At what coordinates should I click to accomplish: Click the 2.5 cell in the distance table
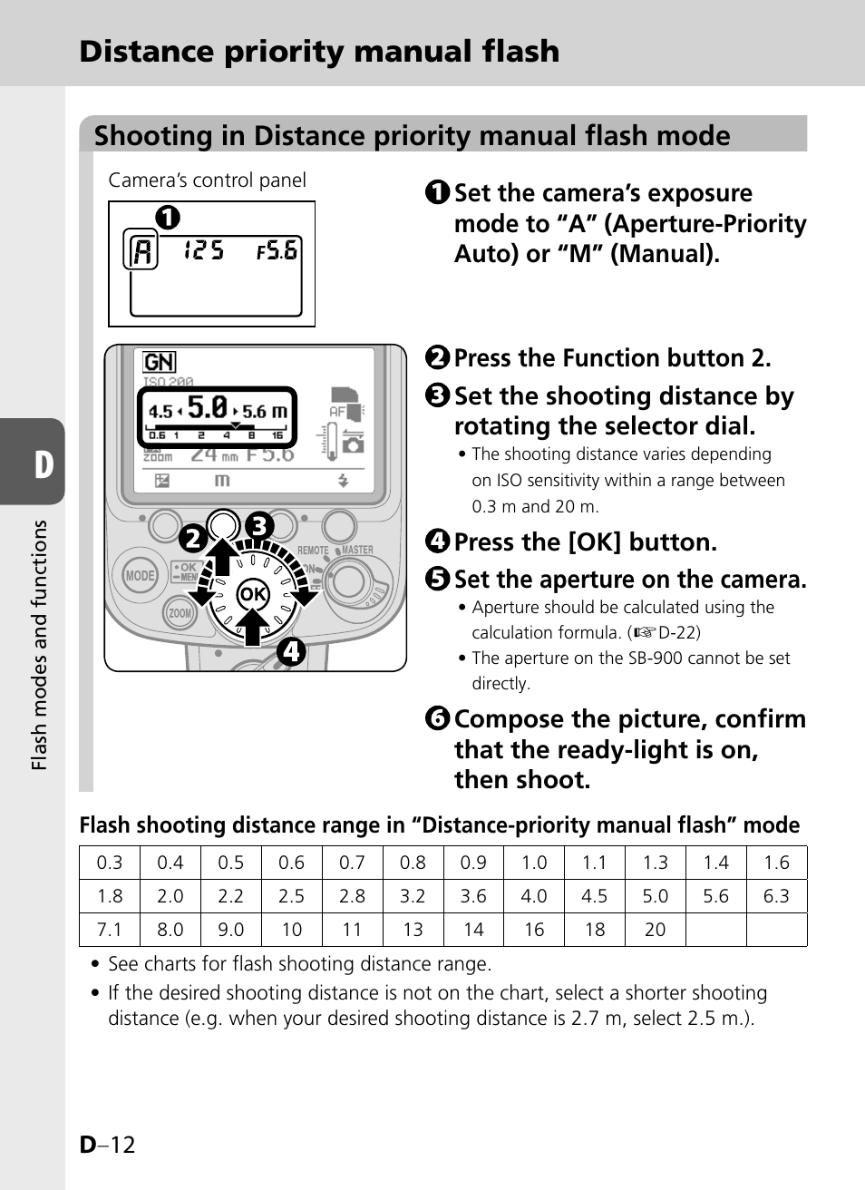pyautogui.click(x=291, y=896)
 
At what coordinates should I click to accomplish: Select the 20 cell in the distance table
pyautogui.click(x=655, y=930)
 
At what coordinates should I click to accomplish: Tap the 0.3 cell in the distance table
pyautogui.click(x=110, y=863)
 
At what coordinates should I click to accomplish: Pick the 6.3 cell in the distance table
pyautogui.click(x=776, y=896)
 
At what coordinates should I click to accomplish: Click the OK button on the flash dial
pyautogui.click(x=252, y=595)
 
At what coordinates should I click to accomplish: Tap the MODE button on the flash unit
pyautogui.click(x=140, y=575)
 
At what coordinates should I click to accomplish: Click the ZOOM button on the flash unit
pyautogui.click(x=180, y=613)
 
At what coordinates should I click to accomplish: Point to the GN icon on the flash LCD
pyautogui.click(x=159, y=362)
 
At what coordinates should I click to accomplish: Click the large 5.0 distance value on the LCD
pyautogui.click(x=208, y=407)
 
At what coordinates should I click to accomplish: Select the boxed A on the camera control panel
pyautogui.click(x=141, y=250)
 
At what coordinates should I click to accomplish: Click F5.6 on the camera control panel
pyautogui.click(x=277, y=250)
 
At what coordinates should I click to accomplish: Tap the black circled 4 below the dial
pyautogui.click(x=290, y=650)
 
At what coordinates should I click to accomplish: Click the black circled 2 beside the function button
pyautogui.click(x=192, y=539)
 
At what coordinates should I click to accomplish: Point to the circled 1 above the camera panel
pyautogui.click(x=168, y=218)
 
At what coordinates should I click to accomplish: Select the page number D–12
pyautogui.click(x=107, y=1145)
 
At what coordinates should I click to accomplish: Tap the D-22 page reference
pyautogui.click(x=678, y=632)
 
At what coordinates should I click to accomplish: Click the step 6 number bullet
pyautogui.click(x=437, y=718)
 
